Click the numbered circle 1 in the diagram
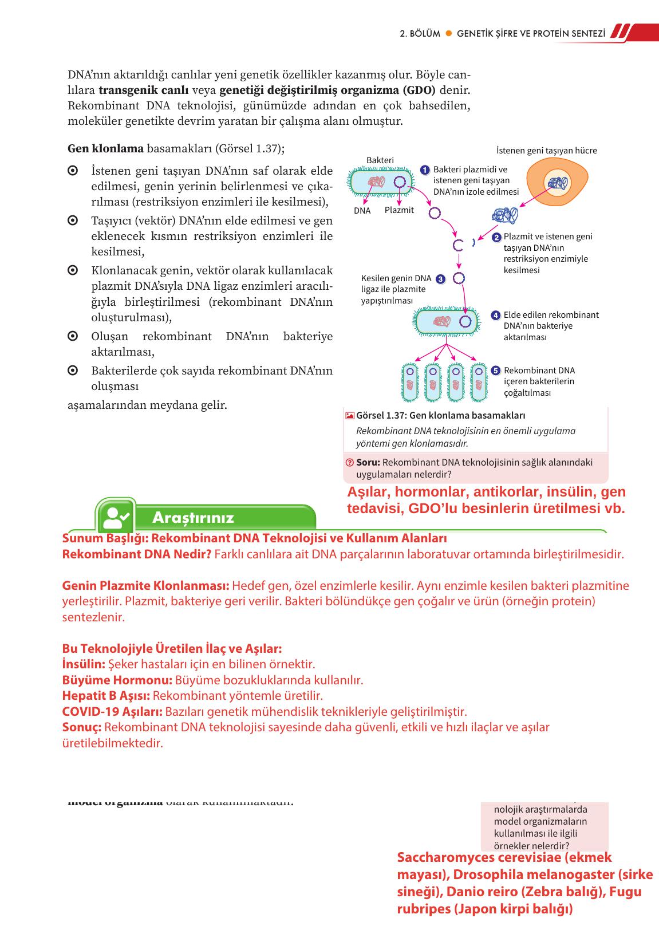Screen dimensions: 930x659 (425, 170)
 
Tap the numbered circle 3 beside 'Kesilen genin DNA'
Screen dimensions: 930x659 (440, 279)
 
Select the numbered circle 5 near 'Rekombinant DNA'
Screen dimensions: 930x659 (496, 371)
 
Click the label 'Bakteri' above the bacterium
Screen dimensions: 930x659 (380, 160)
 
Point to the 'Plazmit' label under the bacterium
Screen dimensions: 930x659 (399, 210)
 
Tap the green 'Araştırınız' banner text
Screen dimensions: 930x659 (193, 518)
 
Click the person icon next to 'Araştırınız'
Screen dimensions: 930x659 (116, 517)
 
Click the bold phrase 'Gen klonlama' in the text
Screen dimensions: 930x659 (105, 149)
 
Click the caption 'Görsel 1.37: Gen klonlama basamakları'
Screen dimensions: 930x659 (440, 416)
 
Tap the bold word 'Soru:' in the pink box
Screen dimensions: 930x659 (368, 463)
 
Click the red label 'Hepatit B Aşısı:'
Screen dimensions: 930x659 (106, 696)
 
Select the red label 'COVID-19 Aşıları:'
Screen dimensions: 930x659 (112, 712)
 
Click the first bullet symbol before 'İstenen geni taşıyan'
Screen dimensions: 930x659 (73, 171)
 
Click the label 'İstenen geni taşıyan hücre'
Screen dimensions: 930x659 (546, 151)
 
